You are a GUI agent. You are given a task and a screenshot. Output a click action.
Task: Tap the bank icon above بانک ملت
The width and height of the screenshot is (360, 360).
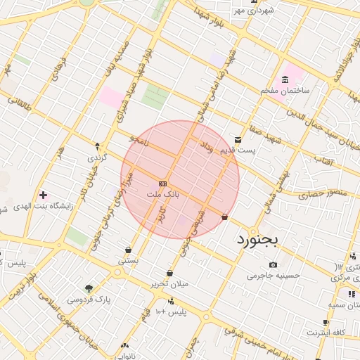point(162,183)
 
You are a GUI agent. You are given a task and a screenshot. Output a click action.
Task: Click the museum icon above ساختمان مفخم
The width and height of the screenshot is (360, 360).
point(285,79)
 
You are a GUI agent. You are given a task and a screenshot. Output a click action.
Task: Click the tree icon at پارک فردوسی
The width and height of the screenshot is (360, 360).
point(89,288)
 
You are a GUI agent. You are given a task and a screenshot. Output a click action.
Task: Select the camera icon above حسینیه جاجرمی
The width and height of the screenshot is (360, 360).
point(273,264)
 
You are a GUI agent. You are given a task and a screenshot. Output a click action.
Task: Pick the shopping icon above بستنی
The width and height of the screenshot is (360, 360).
point(127,250)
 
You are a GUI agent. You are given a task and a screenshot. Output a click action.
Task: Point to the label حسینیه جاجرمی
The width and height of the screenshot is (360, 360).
point(273,276)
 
